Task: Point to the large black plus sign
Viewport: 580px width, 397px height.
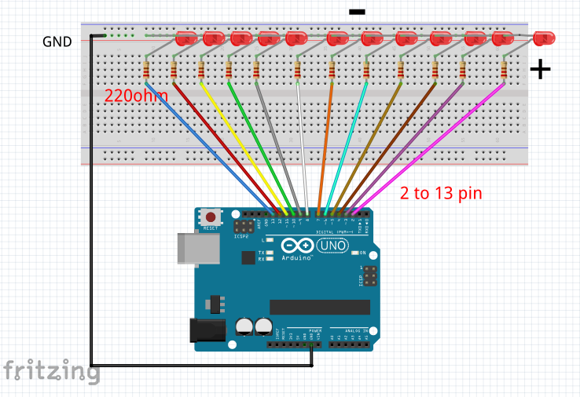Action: pos(540,70)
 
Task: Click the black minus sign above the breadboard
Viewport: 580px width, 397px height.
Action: pos(357,12)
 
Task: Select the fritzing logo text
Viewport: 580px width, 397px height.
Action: pos(51,370)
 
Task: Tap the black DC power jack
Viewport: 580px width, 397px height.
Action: pos(206,330)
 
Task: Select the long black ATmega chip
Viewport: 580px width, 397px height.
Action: pos(318,306)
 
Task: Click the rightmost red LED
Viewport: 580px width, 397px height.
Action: pos(543,38)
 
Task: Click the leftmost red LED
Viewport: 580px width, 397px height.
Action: pos(187,38)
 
